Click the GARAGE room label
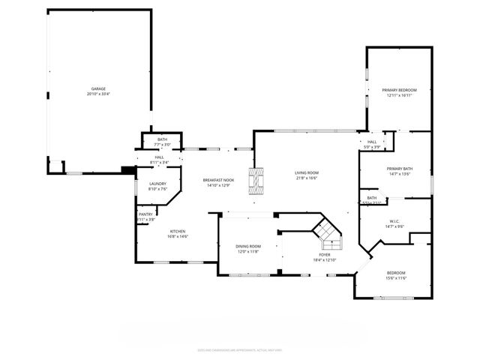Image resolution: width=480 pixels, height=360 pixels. pos(98,89)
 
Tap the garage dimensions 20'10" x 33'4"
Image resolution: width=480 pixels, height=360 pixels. pos(98,94)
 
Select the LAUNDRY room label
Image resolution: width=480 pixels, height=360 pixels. pos(157,184)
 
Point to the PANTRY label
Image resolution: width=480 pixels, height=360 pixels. pos(145,214)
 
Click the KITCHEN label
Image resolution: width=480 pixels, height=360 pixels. pos(178,231)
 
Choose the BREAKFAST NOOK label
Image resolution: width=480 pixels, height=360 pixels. pos(219,180)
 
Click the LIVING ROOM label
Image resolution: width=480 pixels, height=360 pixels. pos(306,173)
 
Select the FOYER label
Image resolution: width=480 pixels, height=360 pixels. pos(325,255)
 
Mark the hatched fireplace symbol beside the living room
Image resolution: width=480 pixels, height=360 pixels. pos(257,181)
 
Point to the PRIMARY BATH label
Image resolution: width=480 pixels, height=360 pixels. pos(400,169)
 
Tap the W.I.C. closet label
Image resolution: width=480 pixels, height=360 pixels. pos(395,221)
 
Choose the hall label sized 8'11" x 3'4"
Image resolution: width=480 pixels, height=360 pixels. pos(159,157)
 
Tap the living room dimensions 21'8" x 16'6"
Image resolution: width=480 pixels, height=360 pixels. pos(306,178)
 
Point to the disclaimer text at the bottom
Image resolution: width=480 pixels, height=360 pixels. pos(239,349)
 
